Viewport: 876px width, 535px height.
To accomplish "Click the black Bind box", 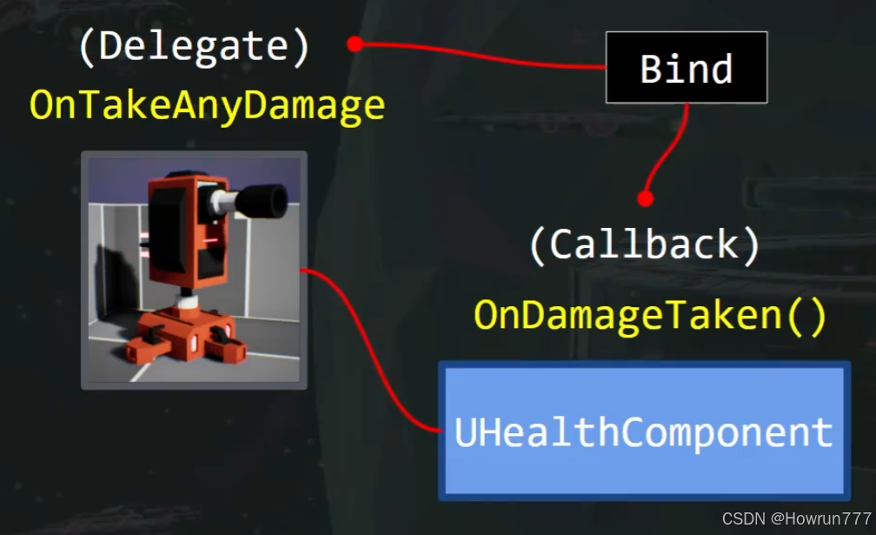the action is pos(687,68).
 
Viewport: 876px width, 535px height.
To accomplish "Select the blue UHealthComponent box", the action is pos(644,431).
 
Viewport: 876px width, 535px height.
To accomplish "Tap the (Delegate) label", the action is pos(194,47).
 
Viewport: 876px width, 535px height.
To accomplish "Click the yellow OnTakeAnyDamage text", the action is pos(207,105).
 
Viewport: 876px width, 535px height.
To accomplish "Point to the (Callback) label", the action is pos(644,245).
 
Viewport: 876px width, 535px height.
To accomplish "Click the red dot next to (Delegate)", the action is pos(355,44).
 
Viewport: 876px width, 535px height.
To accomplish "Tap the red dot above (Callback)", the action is pos(644,199).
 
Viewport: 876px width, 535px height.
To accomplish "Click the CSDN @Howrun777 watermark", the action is pos(796,518).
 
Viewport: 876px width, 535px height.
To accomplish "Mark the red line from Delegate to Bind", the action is pos(478,56).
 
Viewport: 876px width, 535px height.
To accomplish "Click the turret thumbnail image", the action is pos(194,270).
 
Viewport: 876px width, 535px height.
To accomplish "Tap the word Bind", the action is pos(687,69).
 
